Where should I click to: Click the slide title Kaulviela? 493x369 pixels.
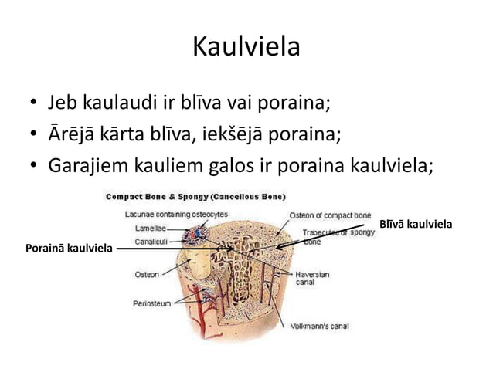pyautogui.click(x=246, y=48)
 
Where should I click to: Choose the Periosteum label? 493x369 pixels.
pyautogui.click(x=151, y=303)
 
